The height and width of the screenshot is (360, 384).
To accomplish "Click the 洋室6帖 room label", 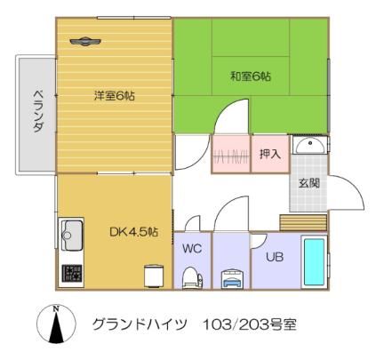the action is point(115,96).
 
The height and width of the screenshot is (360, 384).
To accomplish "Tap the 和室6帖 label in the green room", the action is point(251,76).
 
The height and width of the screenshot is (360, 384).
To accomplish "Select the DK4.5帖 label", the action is point(133,232).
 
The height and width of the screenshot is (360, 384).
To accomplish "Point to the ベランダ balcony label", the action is point(37,111).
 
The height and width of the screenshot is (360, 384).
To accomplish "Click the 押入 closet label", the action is point(270,154).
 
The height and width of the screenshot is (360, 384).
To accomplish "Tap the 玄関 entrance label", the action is point(309,183).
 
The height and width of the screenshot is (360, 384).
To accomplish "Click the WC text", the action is point(192,249).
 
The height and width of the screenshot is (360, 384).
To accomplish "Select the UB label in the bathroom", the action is point(275,257).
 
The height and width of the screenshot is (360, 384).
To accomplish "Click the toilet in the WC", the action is point(192,277).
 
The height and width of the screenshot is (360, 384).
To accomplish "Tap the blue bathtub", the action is point(314,262).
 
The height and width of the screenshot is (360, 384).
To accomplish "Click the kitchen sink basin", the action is point(71,236).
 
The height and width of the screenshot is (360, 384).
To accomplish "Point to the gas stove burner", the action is point(72,273).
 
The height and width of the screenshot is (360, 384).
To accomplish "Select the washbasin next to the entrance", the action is point(310,145).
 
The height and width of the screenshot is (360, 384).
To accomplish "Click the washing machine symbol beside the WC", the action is point(232,279).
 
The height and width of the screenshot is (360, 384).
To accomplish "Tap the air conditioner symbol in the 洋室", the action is point(85,41).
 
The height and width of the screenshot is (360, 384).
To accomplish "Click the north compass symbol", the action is point(56,324).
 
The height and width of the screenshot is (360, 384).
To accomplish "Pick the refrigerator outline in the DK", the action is point(154,276).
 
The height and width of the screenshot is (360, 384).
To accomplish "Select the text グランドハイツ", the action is point(140,324).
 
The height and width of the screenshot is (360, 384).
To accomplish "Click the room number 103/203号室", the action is point(249,324).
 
